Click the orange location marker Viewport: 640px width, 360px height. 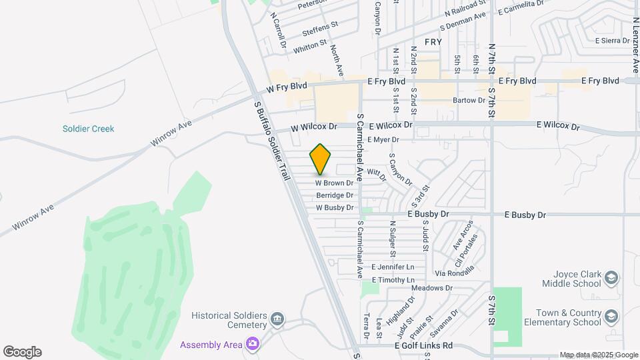click(321, 160)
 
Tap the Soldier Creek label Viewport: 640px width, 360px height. click(89, 129)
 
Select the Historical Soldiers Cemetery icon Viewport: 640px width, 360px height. click(278, 321)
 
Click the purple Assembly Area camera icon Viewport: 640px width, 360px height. click(253, 344)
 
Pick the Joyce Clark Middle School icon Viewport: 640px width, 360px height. click(611, 277)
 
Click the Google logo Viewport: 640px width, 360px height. click(22, 352)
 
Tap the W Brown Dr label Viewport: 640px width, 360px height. click(334, 183)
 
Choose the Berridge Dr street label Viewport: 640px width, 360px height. click(335, 195)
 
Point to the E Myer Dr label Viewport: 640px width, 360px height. click(383, 140)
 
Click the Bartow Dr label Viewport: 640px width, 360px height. click(469, 101)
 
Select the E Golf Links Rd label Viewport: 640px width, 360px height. click(423, 346)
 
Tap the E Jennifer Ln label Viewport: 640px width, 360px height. click(393, 267)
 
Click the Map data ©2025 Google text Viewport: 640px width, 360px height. click(599, 355)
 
